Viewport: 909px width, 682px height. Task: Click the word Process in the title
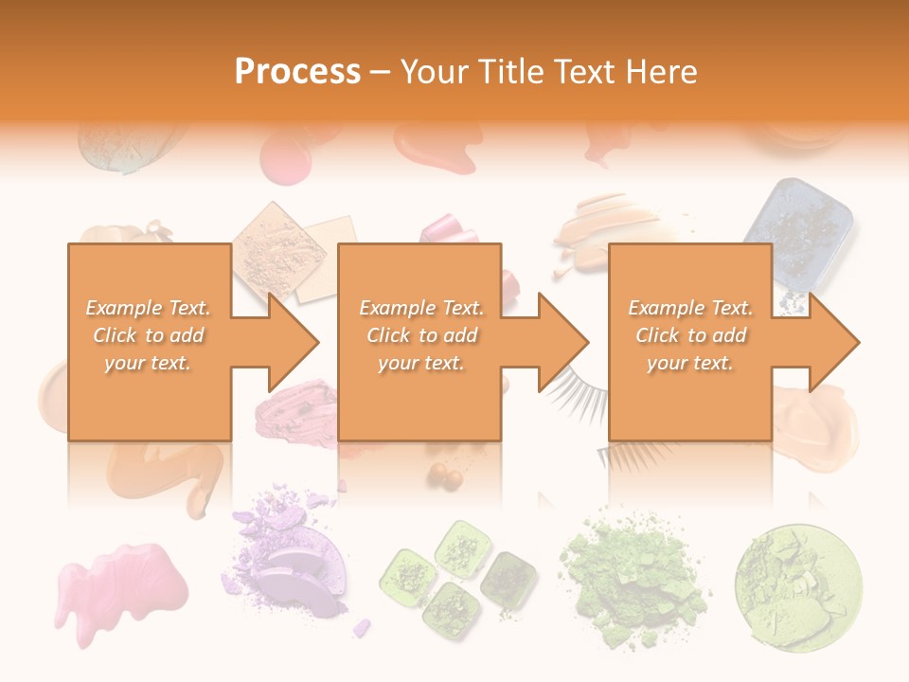point(297,72)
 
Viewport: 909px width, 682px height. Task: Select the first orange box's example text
point(148,335)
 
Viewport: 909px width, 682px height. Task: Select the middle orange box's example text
point(420,335)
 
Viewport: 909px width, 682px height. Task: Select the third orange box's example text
point(690,335)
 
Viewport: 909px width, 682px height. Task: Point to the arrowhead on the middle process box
point(562,342)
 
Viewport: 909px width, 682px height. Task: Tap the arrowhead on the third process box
point(832,342)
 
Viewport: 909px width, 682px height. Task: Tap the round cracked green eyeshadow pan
point(798,574)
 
